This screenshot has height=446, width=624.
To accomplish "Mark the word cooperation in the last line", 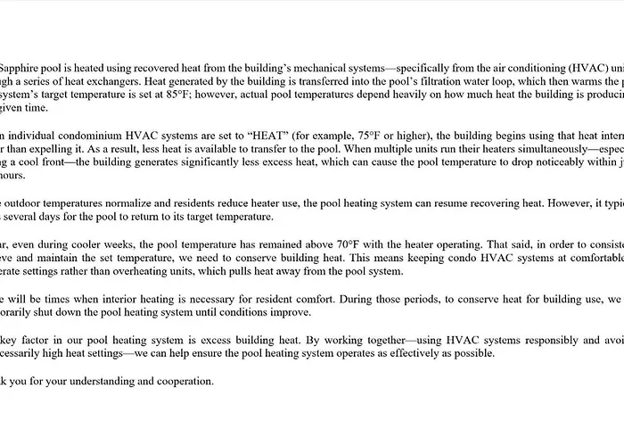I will (x=178, y=381).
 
